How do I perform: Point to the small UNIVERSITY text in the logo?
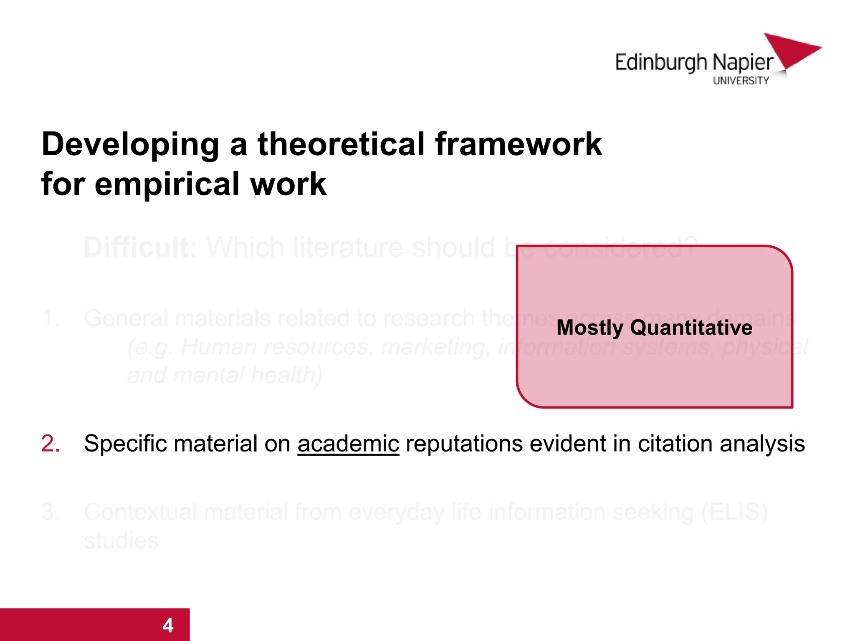741,81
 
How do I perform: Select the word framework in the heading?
518,144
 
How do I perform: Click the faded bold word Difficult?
140,247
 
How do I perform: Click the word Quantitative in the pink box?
691,328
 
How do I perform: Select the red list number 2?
51,444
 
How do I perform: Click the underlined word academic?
348,444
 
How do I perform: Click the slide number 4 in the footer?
168,625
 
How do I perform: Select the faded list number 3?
51,512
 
